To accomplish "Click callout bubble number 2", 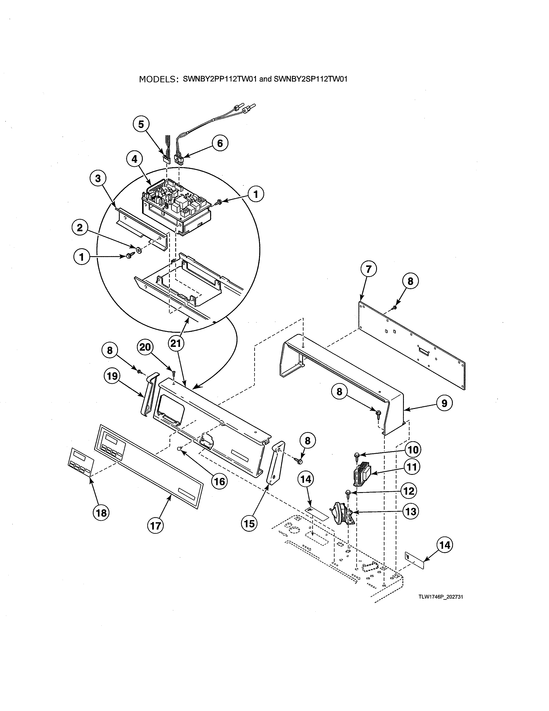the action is pyautogui.click(x=80, y=228).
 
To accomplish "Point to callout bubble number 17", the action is pyautogui.click(x=156, y=525).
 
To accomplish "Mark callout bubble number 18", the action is pyautogui.click(x=101, y=513).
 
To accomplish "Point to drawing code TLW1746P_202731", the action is pyautogui.click(x=441, y=597).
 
